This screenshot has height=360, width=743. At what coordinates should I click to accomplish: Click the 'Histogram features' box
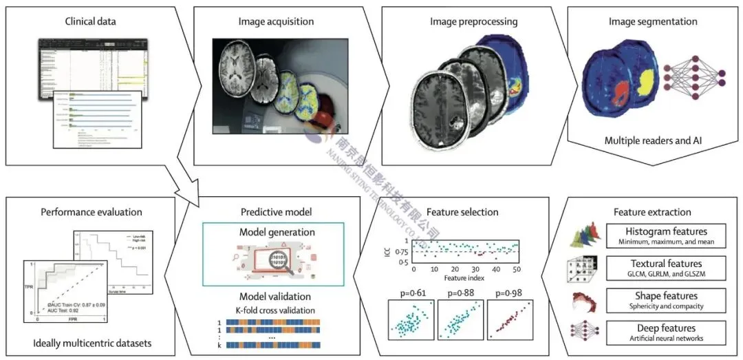coord(666,236)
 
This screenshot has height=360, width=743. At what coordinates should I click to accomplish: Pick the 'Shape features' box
coord(666,300)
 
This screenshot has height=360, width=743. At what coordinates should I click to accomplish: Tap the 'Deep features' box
coord(666,332)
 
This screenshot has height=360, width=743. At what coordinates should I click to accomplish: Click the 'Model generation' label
coord(273,233)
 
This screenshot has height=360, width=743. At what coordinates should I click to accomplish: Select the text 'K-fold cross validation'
coord(273,310)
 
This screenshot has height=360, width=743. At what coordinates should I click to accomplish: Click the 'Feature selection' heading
coord(464,212)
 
